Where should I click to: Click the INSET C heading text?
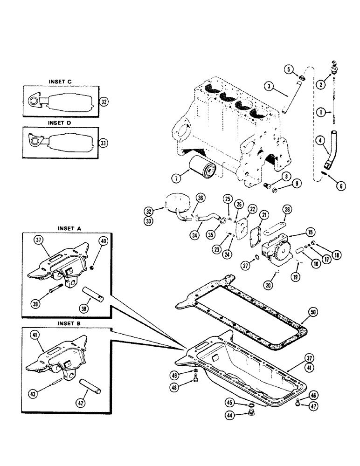(x=60, y=82)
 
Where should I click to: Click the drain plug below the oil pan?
(x=251, y=413)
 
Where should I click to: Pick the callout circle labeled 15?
(x=310, y=232)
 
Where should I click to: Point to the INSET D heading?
(x=60, y=123)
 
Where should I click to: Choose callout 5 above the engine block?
(x=289, y=70)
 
